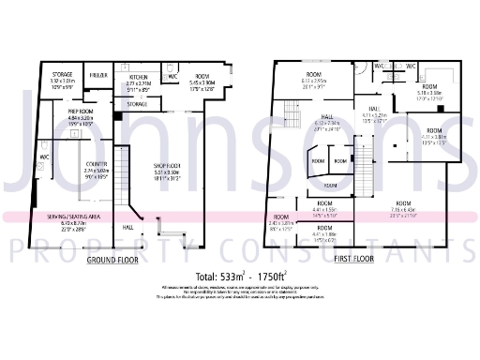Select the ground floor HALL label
point(128,226)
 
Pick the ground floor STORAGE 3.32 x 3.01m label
point(63,74)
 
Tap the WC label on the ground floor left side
point(44,157)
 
